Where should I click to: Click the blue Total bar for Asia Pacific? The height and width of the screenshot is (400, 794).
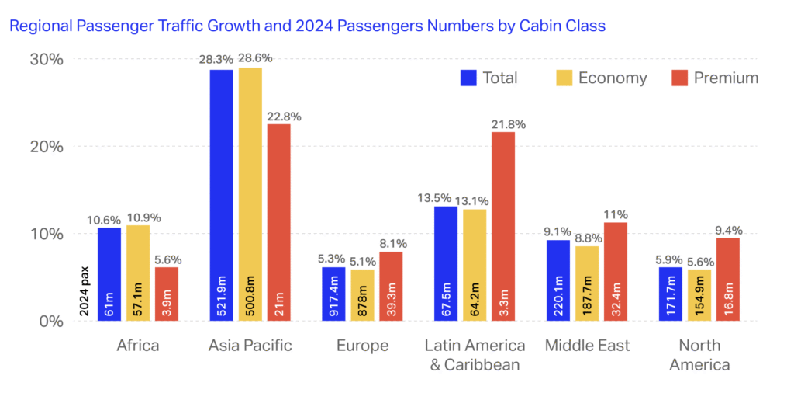click(x=221, y=194)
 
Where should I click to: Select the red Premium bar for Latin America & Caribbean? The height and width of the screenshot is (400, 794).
click(x=502, y=225)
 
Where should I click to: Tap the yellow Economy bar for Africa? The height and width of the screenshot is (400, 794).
click(x=137, y=272)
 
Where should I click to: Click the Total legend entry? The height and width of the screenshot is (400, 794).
click(x=489, y=78)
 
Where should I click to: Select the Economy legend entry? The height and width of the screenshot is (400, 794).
click(x=601, y=78)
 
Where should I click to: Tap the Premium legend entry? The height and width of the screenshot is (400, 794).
click(x=715, y=78)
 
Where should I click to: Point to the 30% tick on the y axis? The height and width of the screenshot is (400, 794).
click(x=46, y=60)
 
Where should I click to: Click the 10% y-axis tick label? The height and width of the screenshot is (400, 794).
click(x=46, y=234)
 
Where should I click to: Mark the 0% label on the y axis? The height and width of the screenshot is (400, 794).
click(x=50, y=321)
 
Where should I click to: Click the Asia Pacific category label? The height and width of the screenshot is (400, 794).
click(x=250, y=346)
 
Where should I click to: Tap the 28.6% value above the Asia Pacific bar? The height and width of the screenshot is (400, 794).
click(x=250, y=59)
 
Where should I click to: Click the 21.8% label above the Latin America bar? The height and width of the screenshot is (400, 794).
click(x=502, y=123)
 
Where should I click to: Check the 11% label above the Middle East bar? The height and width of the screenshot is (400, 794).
click(x=616, y=214)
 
